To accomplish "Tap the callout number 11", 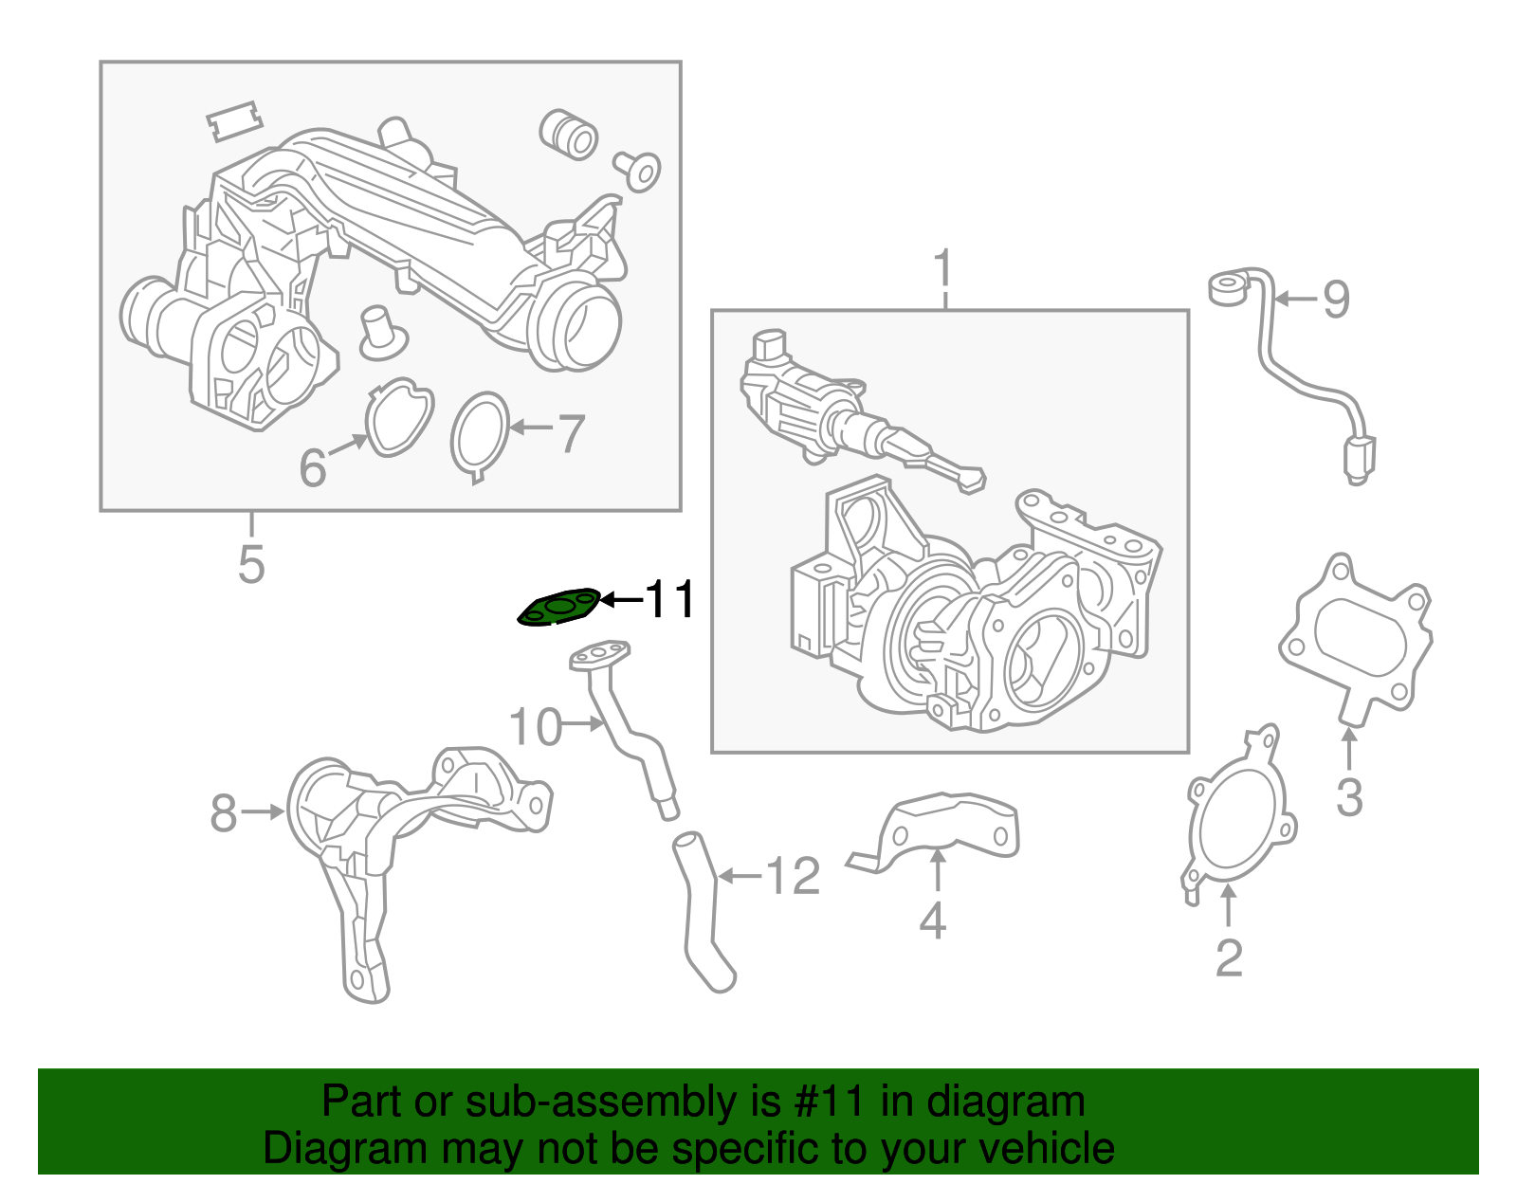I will pos(670,599).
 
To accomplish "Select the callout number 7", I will pos(570,434).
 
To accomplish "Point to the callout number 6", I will pos(313,467).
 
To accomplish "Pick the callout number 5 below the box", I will pos(251,564).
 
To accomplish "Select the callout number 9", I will pos(1336,300).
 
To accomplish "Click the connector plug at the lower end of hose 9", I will pos(1359,459).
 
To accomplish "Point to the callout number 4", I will pos(933,920).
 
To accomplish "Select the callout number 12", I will pos(793,876).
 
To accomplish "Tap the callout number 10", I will pos(536,727).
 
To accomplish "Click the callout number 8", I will pos(224,813).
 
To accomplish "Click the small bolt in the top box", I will pos(640,172).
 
